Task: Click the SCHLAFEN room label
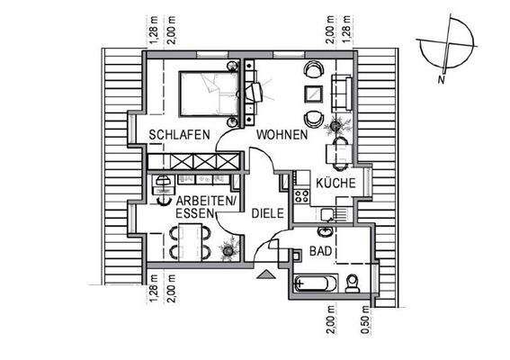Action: tap(180, 135)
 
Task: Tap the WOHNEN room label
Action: tap(282, 135)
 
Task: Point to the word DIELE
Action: tap(267, 213)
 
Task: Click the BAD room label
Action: tap(321, 251)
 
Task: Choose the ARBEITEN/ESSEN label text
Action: tap(207, 206)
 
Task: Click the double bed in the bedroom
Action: tap(209, 94)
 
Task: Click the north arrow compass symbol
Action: tap(445, 51)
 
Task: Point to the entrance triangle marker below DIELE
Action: tap(264, 277)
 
